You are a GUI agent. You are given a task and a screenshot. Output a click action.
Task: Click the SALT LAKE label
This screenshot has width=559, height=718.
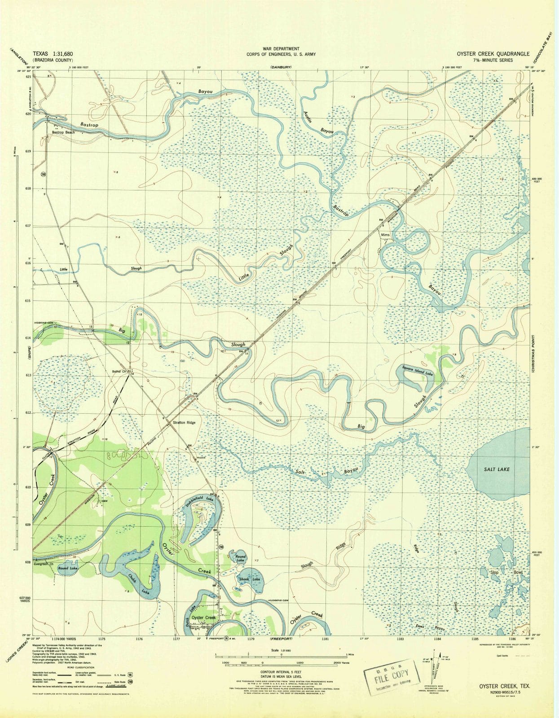click(x=497, y=469)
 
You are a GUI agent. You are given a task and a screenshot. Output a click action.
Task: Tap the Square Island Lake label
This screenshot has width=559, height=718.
click(x=417, y=371)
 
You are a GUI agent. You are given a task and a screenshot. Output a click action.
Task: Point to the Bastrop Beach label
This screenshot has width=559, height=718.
click(x=63, y=132)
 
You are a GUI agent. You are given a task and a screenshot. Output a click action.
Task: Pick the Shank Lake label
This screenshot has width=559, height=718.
click(x=250, y=579)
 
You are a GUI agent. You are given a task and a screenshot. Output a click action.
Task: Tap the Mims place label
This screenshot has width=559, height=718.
click(x=385, y=235)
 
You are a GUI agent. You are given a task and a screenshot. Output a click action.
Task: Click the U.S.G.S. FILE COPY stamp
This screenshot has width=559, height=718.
click(x=392, y=672)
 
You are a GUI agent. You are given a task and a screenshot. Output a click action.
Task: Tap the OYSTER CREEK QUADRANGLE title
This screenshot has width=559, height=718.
click(x=493, y=53)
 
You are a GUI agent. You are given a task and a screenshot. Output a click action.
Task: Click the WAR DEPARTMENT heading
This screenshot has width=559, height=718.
click(x=281, y=48)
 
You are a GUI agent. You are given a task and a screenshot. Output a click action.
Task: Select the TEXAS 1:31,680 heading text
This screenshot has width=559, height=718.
click(x=53, y=53)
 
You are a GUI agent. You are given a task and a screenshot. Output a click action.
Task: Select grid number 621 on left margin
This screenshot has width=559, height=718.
click(x=28, y=77)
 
